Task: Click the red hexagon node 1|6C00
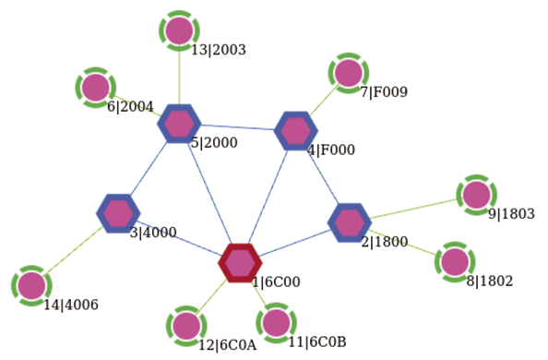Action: point(241,263)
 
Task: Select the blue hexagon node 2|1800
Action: point(350,222)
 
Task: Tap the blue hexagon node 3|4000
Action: point(117,213)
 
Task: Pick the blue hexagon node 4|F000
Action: point(295,131)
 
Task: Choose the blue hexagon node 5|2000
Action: point(179,123)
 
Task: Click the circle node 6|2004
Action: point(95,88)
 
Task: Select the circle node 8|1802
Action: point(454,261)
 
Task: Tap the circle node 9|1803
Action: point(476,195)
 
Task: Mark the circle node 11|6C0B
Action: point(275,323)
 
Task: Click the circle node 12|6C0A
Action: point(186,325)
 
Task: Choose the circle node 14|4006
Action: point(31,285)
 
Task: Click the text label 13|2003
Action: point(219,50)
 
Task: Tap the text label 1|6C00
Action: point(276,282)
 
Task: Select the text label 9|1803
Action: point(511,214)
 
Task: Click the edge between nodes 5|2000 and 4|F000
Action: point(237,127)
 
